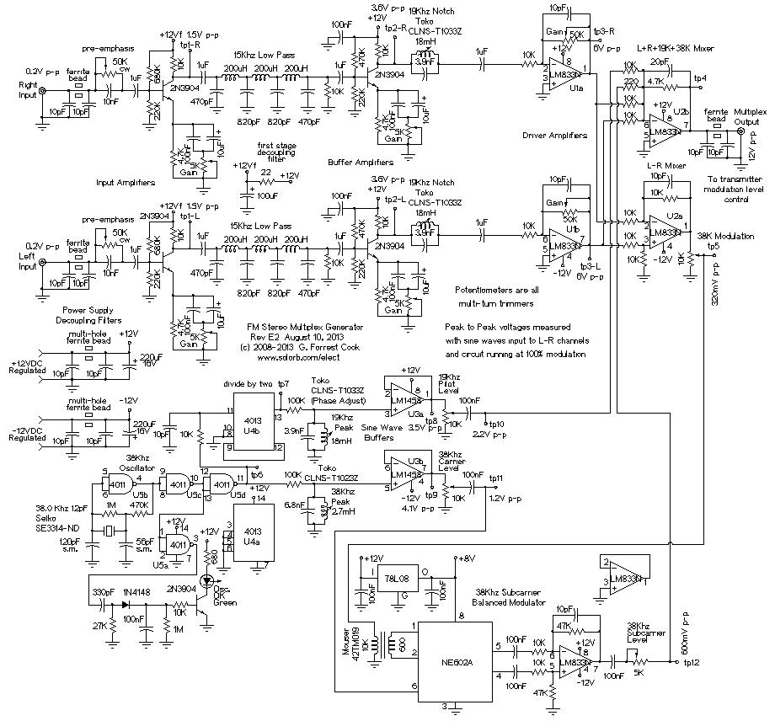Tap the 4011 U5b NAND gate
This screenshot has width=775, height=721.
115,483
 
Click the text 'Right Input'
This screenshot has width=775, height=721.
29,92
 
